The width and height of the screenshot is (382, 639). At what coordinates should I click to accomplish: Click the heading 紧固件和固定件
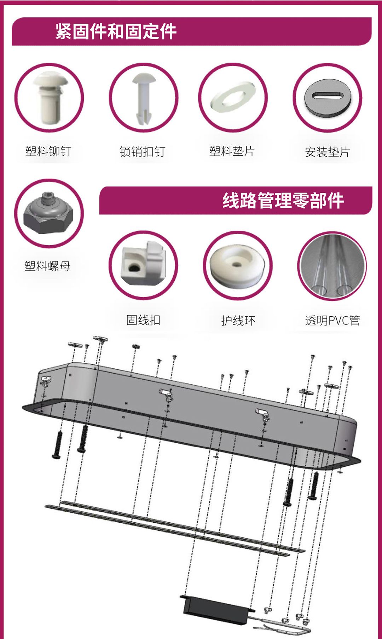click(x=116, y=31)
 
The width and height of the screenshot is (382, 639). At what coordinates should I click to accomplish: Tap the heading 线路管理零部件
click(x=283, y=201)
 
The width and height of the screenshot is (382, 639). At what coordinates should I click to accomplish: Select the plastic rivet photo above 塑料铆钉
click(x=49, y=98)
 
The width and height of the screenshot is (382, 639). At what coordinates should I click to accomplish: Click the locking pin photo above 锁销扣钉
click(x=143, y=98)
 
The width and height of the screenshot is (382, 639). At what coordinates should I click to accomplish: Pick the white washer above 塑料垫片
click(x=233, y=97)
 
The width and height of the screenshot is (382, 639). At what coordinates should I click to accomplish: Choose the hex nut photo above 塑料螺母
click(x=49, y=214)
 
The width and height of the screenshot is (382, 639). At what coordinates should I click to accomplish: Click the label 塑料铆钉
click(x=48, y=151)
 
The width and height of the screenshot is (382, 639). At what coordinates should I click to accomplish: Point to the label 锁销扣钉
click(x=143, y=152)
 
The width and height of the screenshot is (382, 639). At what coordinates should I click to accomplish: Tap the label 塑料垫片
click(x=232, y=151)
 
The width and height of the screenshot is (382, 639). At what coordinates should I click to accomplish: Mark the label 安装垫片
click(x=328, y=152)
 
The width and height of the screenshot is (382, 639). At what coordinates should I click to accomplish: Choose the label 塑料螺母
click(x=47, y=266)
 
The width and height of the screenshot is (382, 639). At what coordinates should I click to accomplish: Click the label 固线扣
click(x=143, y=320)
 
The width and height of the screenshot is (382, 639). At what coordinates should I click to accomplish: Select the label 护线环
click(x=238, y=321)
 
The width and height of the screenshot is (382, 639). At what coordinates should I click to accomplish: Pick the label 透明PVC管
click(x=332, y=321)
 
